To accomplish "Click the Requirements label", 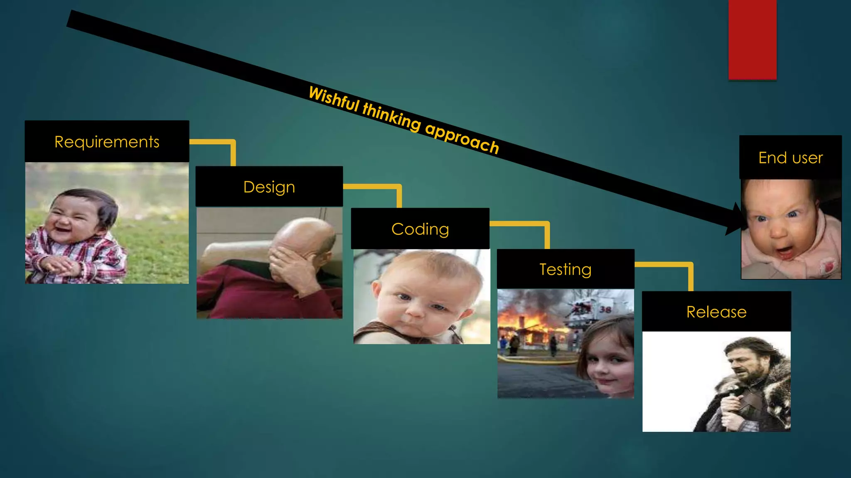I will (x=107, y=142).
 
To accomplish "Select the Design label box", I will (x=269, y=187).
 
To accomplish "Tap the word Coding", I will (x=420, y=229).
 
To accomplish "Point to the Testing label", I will (x=565, y=269).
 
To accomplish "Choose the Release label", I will (x=716, y=312).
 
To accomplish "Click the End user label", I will (x=790, y=158).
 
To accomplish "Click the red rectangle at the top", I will (x=752, y=39).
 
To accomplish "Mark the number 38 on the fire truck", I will (x=605, y=309).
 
